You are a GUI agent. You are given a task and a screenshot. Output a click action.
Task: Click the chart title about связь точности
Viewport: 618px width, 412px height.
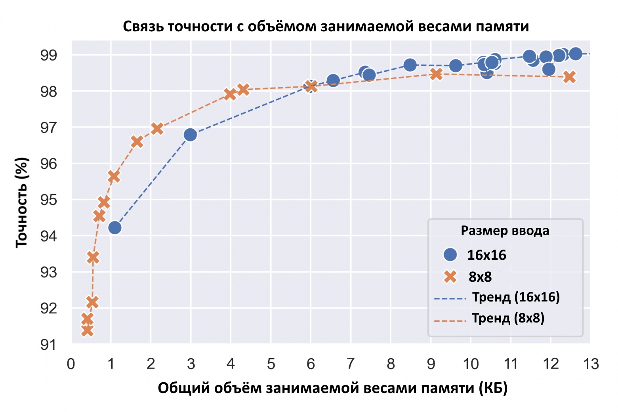[326, 27]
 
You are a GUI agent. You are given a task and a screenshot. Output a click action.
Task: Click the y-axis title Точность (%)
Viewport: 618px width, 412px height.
[22, 202]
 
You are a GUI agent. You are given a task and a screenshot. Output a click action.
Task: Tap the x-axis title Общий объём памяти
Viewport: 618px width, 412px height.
[332, 388]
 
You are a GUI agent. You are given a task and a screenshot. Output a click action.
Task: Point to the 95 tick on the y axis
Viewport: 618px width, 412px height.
[48, 200]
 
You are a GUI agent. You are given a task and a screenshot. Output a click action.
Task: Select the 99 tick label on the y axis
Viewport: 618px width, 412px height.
[48, 55]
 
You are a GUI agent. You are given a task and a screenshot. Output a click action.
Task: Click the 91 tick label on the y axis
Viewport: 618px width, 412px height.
[48, 345]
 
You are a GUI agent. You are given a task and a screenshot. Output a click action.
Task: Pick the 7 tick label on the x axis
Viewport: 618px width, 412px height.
[351, 364]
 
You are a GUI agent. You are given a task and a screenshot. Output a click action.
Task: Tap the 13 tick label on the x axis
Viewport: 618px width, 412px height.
[590, 364]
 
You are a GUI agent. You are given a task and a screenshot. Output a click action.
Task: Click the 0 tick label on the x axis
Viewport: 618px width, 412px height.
[71, 364]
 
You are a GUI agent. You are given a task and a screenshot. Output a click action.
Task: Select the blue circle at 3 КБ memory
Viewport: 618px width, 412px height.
[190, 135]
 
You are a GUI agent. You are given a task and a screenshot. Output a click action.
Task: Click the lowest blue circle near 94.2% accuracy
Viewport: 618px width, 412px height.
[114, 228]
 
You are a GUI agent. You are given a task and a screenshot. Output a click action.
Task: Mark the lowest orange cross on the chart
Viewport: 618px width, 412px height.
[88, 330]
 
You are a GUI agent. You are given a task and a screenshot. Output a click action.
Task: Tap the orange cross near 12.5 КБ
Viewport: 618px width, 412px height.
[570, 77]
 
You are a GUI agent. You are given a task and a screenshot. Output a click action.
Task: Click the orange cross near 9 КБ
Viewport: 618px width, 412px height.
[436, 74]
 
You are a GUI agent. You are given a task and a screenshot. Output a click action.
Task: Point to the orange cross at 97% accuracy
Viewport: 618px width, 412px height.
[157, 128]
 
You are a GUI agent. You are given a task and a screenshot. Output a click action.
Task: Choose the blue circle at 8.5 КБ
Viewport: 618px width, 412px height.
[410, 65]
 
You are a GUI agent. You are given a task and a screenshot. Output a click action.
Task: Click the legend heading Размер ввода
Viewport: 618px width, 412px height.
[505, 231]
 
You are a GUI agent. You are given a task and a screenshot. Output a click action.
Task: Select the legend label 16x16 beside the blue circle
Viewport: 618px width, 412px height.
[486, 255]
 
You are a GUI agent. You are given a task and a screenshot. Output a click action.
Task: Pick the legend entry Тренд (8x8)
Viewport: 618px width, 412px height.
[508, 318]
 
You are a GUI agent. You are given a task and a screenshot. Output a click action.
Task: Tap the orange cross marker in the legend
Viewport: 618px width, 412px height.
[450, 277]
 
